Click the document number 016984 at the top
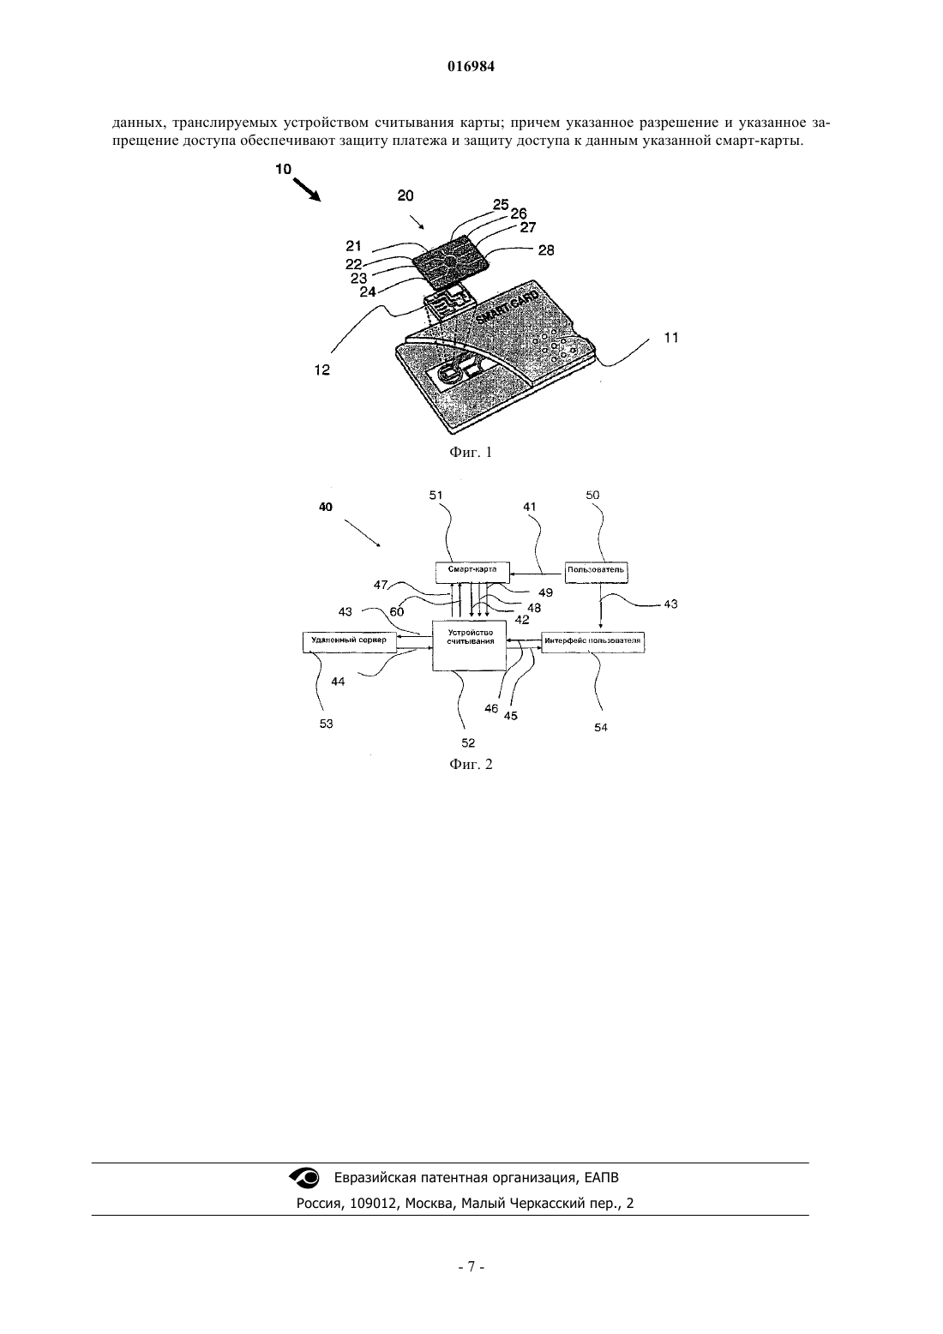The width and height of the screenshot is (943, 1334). tap(471, 67)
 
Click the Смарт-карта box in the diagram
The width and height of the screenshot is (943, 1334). tap(472, 573)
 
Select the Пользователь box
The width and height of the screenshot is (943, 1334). tap(596, 573)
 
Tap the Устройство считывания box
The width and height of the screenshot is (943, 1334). tap(469, 646)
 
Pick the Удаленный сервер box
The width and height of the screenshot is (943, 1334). tap(349, 642)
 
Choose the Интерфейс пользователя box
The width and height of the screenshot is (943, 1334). tap(593, 643)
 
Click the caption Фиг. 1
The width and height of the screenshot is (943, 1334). tap(471, 452)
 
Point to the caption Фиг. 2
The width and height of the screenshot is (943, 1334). tap(471, 764)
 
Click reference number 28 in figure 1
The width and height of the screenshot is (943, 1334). tap(546, 250)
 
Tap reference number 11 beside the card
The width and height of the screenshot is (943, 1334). tap(671, 338)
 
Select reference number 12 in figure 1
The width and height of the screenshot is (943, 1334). tap(322, 370)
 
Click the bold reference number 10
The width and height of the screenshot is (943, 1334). tap(284, 169)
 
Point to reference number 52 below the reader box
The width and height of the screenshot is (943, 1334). tap(469, 742)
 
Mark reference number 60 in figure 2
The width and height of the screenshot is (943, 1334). tap(396, 612)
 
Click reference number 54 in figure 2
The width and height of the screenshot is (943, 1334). tap(601, 727)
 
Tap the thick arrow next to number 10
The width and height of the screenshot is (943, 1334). tap(307, 190)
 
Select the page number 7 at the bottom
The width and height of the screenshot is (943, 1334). tap(471, 1267)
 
